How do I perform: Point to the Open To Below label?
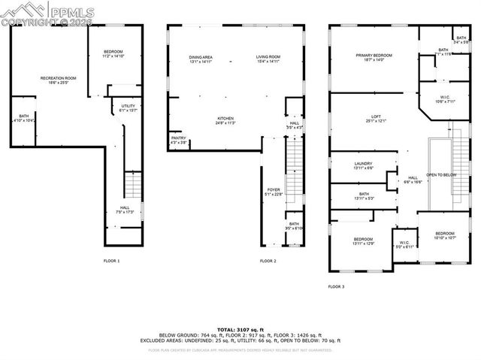point(441,174)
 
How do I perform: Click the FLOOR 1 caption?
point(111,261)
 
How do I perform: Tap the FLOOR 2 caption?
point(268,261)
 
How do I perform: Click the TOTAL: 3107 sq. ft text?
point(240,330)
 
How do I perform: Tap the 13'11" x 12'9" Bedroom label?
point(363,241)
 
